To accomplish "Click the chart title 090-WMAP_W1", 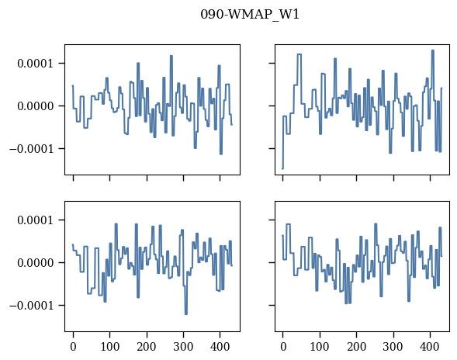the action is point(250,14).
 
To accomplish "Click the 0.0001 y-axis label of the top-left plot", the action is point(36,64).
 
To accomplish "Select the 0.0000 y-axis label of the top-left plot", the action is point(36,106).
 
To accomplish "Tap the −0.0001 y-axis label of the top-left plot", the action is point(32,149).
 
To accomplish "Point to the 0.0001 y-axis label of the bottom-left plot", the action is point(36,220).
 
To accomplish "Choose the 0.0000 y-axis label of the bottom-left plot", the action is point(36,263).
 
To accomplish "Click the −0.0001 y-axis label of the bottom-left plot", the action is point(32,306).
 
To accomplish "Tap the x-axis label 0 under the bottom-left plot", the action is point(73,347).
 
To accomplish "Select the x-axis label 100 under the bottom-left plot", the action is point(110,347).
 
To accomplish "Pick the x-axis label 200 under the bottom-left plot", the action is point(147,347).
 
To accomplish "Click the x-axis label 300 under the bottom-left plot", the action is point(183,347).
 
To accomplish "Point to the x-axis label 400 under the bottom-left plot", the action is point(220,347).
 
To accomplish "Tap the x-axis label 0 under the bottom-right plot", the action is point(283,347).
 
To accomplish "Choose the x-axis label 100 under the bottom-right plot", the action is point(320,347).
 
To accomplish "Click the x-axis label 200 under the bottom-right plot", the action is point(356,347).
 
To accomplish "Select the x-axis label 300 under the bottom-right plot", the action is point(393,347).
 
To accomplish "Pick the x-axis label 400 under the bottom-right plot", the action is point(430,347).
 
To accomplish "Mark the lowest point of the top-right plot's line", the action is point(282,168).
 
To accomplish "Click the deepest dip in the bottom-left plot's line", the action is point(186,314).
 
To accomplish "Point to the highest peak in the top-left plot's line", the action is point(171,56).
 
